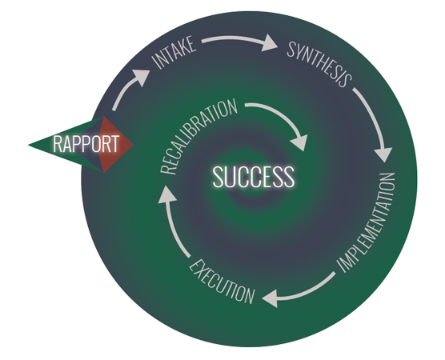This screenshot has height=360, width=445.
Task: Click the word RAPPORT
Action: pos(86,143)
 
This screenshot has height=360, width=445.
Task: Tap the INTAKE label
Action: pos(174,52)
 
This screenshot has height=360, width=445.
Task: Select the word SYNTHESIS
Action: pos(320,64)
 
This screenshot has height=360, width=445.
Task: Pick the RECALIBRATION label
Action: pos(198,136)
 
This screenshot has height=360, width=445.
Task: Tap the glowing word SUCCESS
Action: pos(254,177)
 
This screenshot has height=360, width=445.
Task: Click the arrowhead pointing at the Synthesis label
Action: pos(270,42)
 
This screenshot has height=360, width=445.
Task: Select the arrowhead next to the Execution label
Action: pos(271,298)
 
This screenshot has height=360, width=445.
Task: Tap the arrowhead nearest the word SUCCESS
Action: pos(299,142)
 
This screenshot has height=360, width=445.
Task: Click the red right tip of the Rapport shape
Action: pos(132,145)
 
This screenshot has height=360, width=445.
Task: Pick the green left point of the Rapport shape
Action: pos(30,145)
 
